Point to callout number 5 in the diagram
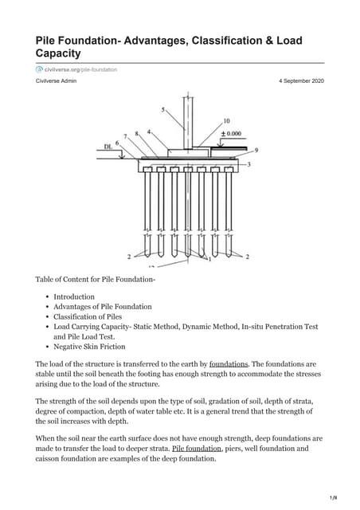163,109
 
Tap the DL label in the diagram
108,147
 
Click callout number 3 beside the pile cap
249,164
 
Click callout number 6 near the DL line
118,143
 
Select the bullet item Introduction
73,296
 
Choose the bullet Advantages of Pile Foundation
102,307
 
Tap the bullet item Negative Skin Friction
89,347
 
